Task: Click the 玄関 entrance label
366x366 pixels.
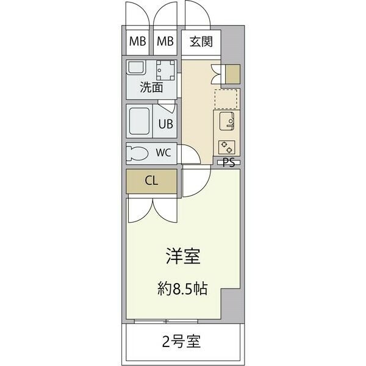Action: coord(201,42)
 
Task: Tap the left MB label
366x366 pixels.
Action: coord(137,41)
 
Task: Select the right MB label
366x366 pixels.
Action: coord(165,41)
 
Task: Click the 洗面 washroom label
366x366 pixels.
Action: coord(151,87)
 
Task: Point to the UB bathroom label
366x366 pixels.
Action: coord(166,124)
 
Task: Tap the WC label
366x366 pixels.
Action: coord(163,152)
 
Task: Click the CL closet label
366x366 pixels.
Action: coord(151,181)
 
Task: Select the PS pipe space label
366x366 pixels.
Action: coord(229,163)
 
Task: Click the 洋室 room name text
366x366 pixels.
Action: coord(183,256)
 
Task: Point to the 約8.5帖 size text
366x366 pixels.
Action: coord(182,289)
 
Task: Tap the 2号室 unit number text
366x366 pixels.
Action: coord(181,341)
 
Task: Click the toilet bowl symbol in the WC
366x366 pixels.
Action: coord(137,153)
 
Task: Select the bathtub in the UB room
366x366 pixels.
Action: coord(139,121)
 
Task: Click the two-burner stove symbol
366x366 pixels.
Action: coord(227,148)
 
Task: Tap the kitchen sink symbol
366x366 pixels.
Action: coord(227,121)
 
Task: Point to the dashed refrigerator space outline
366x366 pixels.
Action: coord(226,99)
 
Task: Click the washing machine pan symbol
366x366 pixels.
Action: coord(165,70)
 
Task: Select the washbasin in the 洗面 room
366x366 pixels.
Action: coord(136,67)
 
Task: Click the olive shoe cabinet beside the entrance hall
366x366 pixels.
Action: coord(233,74)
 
